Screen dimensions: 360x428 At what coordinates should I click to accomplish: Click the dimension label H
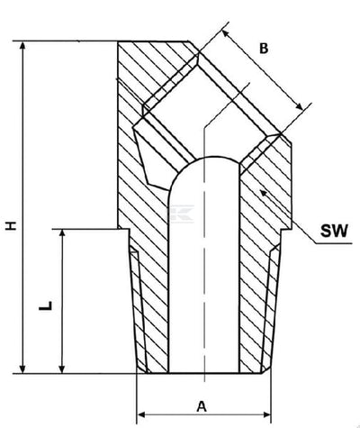tap(11, 225)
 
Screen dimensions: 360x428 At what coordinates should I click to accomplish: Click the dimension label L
tap(46, 305)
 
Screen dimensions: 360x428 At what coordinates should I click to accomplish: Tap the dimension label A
tap(202, 406)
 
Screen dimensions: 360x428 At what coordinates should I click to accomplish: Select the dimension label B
tap(264, 49)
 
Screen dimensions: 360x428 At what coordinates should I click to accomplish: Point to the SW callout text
tap(334, 231)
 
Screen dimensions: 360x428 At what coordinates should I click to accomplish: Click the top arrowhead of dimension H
tap(22, 46)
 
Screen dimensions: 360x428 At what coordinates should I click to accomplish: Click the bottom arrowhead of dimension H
tap(22, 369)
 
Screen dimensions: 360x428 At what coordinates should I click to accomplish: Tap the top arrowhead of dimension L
tap(62, 233)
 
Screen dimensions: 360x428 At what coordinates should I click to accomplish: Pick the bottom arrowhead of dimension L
tap(62, 369)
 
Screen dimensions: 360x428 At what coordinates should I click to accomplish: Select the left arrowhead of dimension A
tap(141, 415)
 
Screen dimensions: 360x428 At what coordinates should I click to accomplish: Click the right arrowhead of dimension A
tap(266, 415)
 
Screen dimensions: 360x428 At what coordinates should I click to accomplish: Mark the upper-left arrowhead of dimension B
tap(225, 33)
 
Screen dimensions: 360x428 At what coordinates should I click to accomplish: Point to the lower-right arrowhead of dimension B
tap(300, 106)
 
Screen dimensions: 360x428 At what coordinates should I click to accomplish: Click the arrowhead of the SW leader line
tap(263, 193)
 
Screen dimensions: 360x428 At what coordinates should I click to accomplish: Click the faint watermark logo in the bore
tap(181, 214)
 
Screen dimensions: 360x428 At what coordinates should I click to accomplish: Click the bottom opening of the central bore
tap(204, 372)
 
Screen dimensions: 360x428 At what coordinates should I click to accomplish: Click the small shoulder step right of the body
tap(286, 230)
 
